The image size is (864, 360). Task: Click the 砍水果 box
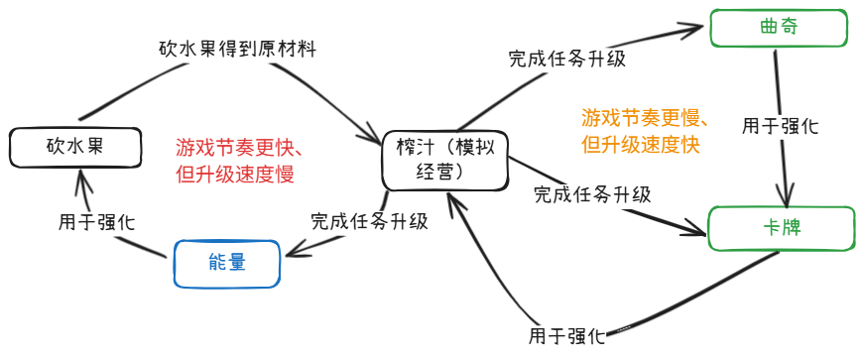coord(74,146)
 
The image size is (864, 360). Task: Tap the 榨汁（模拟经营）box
coord(442,160)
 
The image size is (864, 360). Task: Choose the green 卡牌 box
coord(781,227)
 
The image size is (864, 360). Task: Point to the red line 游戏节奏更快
coord(238,149)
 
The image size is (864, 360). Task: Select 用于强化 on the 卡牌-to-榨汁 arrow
coord(566,335)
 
